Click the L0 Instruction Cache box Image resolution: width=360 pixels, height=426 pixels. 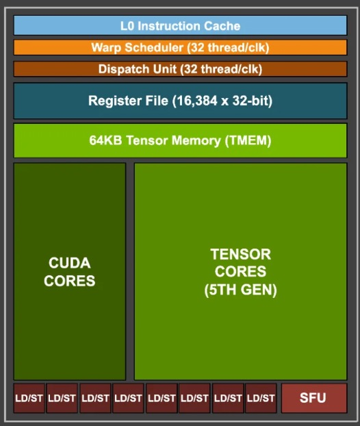click(180, 25)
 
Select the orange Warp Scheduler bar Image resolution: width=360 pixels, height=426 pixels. click(180, 47)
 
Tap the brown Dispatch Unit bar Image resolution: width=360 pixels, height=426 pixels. click(180, 69)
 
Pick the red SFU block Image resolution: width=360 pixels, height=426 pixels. click(314, 398)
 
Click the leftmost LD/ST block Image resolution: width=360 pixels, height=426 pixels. click(29, 398)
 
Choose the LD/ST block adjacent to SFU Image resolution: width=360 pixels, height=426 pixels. click(261, 398)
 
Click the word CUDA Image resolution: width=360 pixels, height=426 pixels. click(70, 263)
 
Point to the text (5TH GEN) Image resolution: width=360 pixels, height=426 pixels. click(240, 290)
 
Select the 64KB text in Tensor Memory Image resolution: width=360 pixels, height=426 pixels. click(105, 140)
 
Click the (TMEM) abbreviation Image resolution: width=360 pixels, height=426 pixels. click(248, 140)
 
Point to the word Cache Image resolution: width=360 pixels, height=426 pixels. click(222, 26)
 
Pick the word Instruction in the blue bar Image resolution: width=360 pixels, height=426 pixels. click(169, 26)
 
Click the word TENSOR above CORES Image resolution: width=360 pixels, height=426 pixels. click(240, 255)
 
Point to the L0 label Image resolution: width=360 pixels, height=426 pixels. click(127, 26)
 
